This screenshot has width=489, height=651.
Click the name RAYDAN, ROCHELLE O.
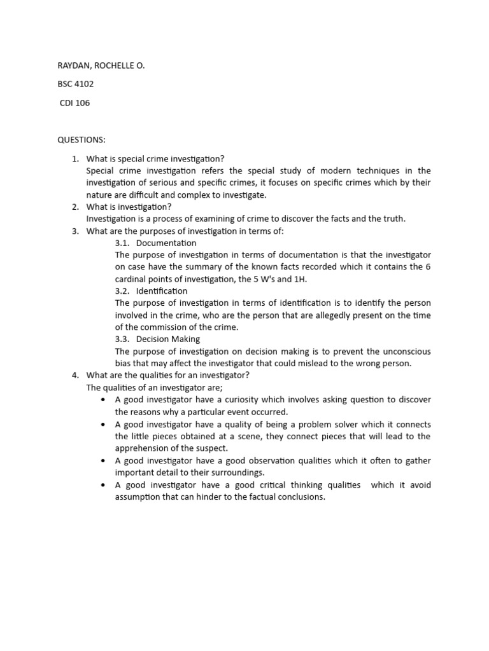[101, 64]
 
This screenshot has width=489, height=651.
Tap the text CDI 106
[74, 103]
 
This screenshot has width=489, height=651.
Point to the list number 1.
[75, 158]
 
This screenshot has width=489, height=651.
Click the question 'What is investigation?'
[129, 207]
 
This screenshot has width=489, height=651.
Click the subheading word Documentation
[166, 243]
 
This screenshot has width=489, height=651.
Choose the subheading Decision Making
[167, 339]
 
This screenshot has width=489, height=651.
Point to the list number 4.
[75, 375]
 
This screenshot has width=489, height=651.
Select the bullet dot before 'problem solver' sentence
[103, 424]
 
